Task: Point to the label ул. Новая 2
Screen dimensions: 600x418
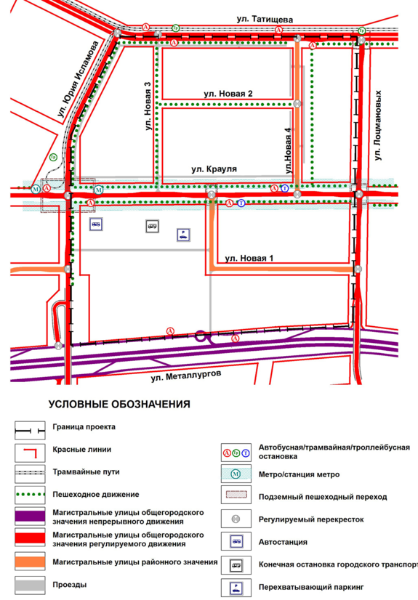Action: pyautogui.click(x=228, y=94)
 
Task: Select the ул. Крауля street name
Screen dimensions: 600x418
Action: pyautogui.click(x=214, y=169)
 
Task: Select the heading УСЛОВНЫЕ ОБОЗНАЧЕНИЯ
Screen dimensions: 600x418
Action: pyautogui.click(x=119, y=405)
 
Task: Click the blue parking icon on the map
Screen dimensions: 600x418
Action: pyautogui.click(x=183, y=235)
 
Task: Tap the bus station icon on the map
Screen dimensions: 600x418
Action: pyautogui.click(x=95, y=224)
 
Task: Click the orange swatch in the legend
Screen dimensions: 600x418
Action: pyautogui.click(x=31, y=562)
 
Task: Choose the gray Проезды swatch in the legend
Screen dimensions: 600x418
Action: pyautogui.click(x=31, y=585)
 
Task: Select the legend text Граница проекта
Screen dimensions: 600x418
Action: pyautogui.click(x=84, y=427)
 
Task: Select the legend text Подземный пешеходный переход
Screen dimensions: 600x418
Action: pyautogui.click(x=323, y=498)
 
